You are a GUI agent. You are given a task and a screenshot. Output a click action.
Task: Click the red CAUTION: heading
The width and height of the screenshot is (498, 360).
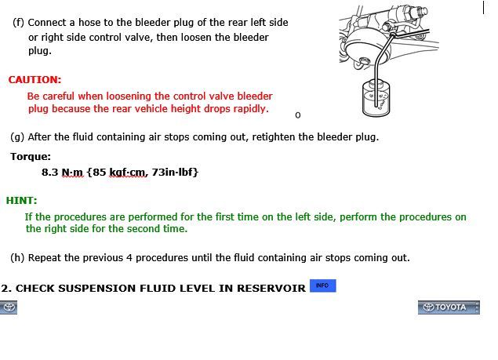point(35,79)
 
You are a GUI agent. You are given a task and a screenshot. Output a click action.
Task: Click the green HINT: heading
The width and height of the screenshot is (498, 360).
point(22,201)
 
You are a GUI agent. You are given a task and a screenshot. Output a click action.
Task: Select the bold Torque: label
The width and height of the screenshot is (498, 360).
point(31,157)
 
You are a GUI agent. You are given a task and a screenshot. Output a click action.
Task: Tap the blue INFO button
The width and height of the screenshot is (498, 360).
point(322,285)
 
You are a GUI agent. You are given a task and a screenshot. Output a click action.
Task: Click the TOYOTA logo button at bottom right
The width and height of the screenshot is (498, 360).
point(449,307)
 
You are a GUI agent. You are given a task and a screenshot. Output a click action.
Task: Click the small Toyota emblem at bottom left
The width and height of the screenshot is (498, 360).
point(9,307)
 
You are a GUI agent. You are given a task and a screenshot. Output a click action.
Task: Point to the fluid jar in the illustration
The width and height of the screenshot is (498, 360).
point(376,98)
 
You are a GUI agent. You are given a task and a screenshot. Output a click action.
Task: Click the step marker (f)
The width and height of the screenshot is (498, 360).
point(18,23)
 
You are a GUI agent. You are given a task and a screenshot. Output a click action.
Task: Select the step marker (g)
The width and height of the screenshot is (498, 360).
point(17,137)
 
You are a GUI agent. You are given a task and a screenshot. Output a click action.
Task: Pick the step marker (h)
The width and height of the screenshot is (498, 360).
point(17,258)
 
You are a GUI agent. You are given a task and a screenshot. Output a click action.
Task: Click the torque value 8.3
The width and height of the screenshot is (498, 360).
point(50,172)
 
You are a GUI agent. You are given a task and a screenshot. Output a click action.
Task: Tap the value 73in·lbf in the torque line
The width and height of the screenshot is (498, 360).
point(175,172)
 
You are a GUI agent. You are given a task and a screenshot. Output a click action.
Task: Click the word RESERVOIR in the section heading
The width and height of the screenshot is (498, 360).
point(271,288)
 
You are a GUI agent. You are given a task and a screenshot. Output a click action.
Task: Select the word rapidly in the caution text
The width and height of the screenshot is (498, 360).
point(251,109)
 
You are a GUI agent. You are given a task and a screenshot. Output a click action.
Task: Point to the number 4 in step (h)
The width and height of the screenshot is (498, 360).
point(129,258)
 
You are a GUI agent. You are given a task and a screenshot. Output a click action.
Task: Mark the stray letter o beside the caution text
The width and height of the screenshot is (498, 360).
point(297,115)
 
